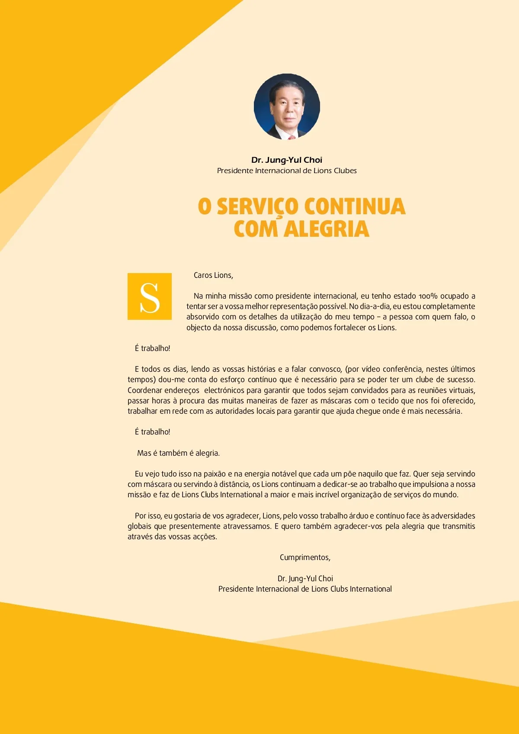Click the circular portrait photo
pyautogui.click(x=287, y=106)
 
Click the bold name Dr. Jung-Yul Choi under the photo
pyautogui.click(x=287, y=160)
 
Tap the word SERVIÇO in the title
pyautogui.click(x=257, y=206)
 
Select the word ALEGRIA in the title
pyautogui.click(x=327, y=229)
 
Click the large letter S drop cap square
pyautogui.click(x=150, y=296)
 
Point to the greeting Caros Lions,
pyautogui.click(x=213, y=275)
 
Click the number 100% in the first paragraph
pyautogui.click(x=428, y=296)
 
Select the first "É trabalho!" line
pyautogui.click(x=152, y=348)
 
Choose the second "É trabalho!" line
pyautogui.click(x=152, y=432)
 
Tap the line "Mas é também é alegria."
pyautogui.click(x=178, y=453)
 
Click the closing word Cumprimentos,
pyautogui.click(x=305, y=557)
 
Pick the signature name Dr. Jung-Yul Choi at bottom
pyautogui.click(x=305, y=579)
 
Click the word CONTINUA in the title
pyautogui.click(x=355, y=206)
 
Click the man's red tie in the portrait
pyautogui.click(x=292, y=137)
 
